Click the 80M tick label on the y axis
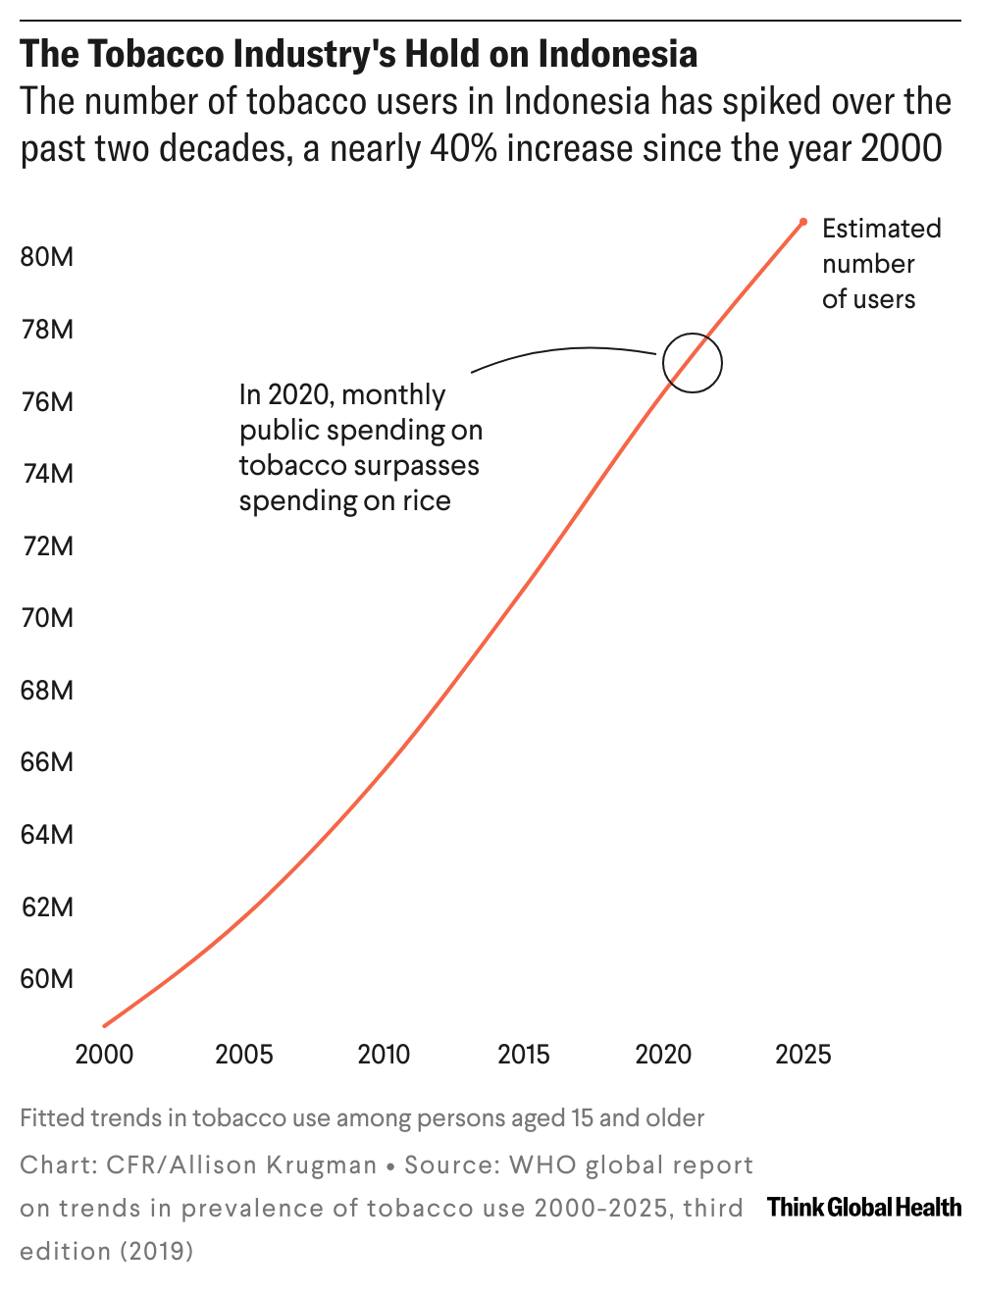47,257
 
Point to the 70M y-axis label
47,618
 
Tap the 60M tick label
47,979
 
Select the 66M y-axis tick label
47,762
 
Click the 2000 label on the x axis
104,1055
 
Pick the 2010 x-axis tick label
384,1055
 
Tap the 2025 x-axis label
802,1055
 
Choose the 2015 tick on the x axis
523,1055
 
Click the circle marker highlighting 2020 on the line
693,362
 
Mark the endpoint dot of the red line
803,221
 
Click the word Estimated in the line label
881,229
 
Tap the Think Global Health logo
864,1208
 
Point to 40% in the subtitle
462,149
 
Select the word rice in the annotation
427,501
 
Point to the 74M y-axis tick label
47,474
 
